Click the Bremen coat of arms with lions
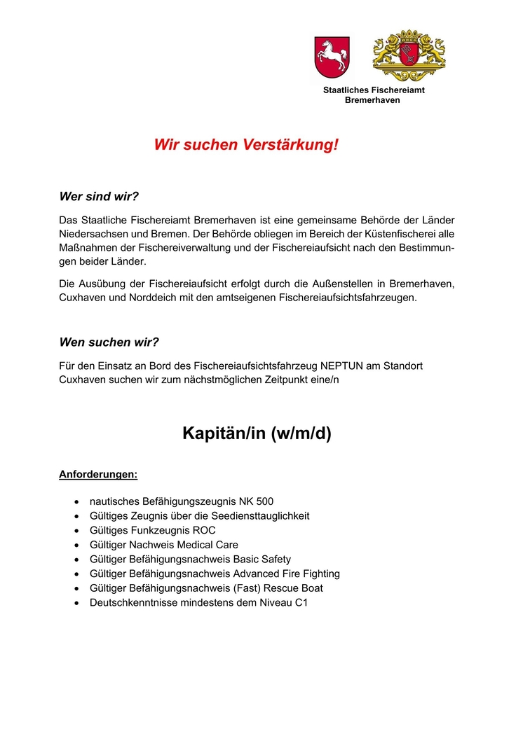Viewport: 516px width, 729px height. coord(409,56)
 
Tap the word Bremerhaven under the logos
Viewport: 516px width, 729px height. coord(372,100)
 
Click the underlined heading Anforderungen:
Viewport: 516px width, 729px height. coord(98,475)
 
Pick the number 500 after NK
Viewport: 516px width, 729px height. coord(264,501)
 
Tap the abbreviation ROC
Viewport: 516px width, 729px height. coord(203,530)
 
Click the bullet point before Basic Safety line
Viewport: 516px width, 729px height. coord(76,560)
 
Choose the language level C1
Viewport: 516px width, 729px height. coord(301,602)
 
